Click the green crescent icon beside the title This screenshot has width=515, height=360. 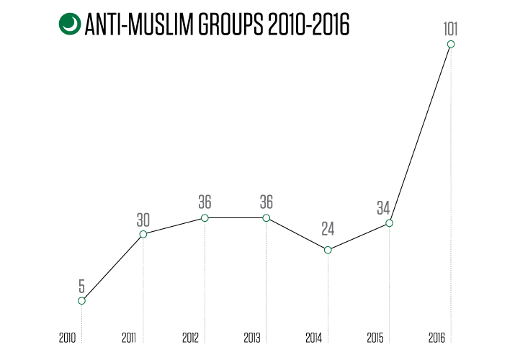click(x=70, y=24)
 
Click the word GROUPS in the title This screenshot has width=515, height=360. click(x=230, y=24)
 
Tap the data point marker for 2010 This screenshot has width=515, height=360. click(x=82, y=301)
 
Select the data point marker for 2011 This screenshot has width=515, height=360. click(x=143, y=234)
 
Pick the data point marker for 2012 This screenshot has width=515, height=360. click(x=205, y=218)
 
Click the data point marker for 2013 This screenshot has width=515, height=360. click(x=267, y=218)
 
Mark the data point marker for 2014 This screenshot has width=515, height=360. click(x=328, y=250)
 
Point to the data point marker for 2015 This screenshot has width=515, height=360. click(x=389, y=223)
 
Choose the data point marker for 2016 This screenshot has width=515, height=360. click(x=451, y=44)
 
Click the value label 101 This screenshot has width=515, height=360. click(x=450, y=29)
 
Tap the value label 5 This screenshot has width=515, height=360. click(x=82, y=286)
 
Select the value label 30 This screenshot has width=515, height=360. click(x=143, y=220)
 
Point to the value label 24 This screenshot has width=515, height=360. click(x=328, y=229)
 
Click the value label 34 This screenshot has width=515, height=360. click(x=383, y=208)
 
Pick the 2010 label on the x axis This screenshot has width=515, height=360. click(x=67, y=338)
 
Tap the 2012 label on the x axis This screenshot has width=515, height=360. click(x=190, y=338)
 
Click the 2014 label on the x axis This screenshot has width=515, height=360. click(x=313, y=338)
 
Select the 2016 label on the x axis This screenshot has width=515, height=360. click(x=436, y=338)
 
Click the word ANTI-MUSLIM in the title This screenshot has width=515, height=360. click(x=139, y=24)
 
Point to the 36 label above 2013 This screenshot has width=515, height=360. click(x=267, y=202)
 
